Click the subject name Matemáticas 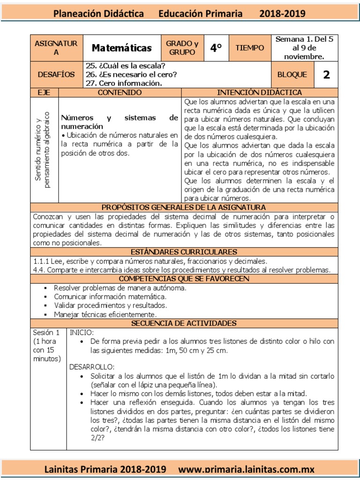tap(121, 48)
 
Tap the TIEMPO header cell tap(250, 48)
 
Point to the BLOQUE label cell tap(292, 75)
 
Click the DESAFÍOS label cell tap(56, 75)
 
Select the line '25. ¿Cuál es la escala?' tap(125, 66)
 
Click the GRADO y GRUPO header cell tap(182, 48)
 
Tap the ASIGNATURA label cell tap(56, 48)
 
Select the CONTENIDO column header tap(119, 93)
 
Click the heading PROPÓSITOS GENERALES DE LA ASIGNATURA tap(184, 207)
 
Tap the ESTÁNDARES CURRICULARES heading tap(184, 252)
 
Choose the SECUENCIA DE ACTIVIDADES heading tap(184, 323)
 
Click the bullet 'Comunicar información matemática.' tap(110, 297)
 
